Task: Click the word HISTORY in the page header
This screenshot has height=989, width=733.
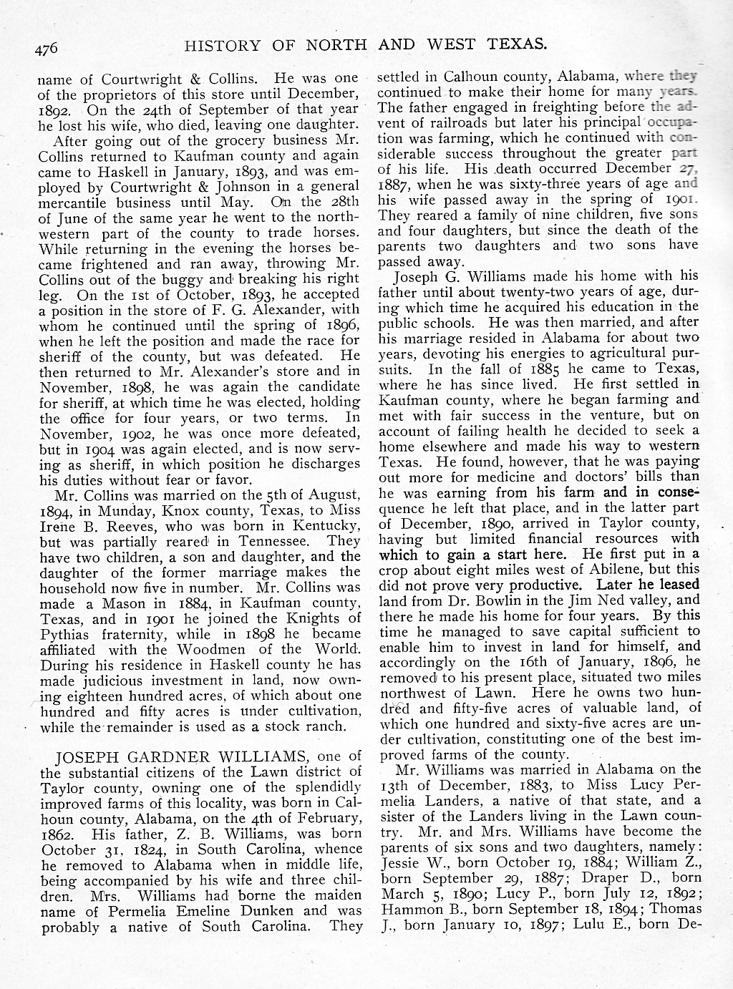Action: coord(221,45)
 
